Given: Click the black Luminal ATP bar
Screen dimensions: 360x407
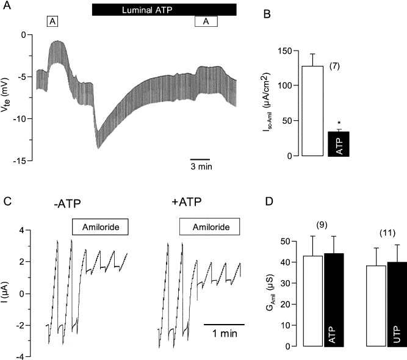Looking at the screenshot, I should pyautogui.click(x=164, y=10).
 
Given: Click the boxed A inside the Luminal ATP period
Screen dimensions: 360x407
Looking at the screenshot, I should pyautogui.click(x=206, y=21).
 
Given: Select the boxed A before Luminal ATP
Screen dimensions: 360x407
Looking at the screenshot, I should pyautogui.click(x=53, y=21).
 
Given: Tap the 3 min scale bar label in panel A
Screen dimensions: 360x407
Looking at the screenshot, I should pyautogui.click(x=200, y=165).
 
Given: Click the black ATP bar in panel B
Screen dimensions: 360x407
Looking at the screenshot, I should pyautogui.click(x=339, y=143).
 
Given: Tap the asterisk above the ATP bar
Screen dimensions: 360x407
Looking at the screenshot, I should pyautogui.click(x=339, y=123).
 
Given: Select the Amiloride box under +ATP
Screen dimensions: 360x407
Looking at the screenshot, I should pyautogui.click(x=209, y=228).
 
